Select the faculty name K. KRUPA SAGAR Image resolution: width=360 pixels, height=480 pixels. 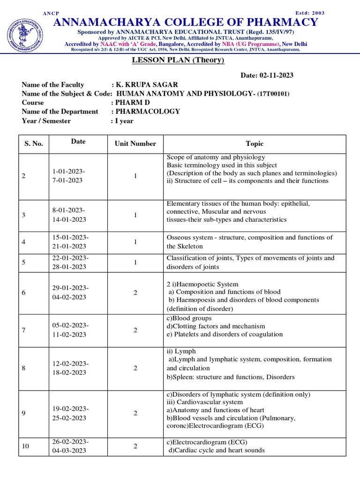coord(147,85)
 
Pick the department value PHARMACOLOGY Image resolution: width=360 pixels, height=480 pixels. coord(148,112)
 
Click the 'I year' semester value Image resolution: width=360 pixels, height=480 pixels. coord(124,121)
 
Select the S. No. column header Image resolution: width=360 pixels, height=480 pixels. coord(34,144)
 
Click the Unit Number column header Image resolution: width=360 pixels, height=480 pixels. coord(135,144)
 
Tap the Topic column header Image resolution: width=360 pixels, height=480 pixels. coord(255,144)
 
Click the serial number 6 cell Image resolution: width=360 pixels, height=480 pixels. coord(23,292)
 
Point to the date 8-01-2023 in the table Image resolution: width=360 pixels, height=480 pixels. coord(68,210)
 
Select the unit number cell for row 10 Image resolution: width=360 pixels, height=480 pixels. coord(135,446)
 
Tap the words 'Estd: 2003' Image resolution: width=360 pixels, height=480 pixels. coord(310,13)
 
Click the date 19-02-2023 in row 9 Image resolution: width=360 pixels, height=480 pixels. coord(70,408)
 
